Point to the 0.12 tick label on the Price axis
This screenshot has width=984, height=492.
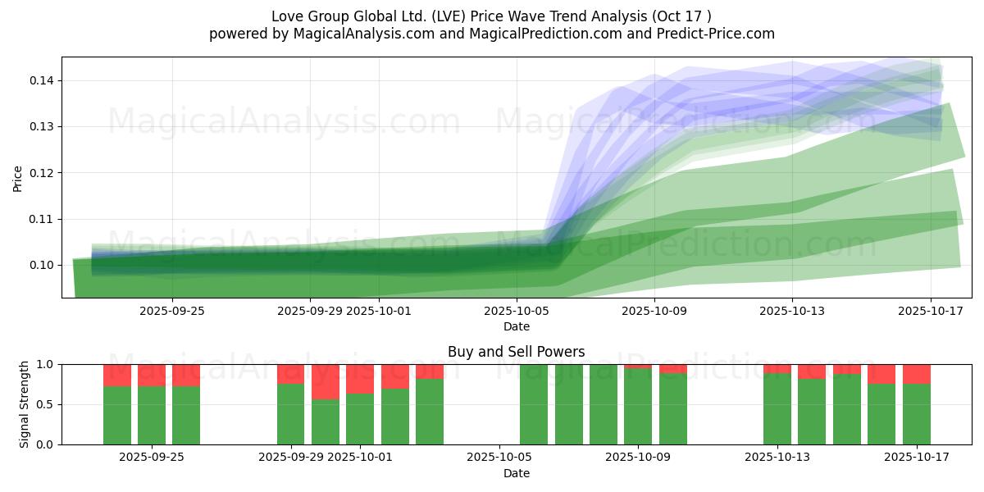pos(43,173)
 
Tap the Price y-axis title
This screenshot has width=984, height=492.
pos(18,178)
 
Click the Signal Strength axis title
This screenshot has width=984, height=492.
pos(25,404)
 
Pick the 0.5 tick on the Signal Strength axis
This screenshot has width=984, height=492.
pos(46,404)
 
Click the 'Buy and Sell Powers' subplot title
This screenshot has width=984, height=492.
pos(516,352)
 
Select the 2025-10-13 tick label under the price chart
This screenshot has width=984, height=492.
pos(792,311)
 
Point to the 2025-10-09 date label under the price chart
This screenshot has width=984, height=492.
pos(654,311)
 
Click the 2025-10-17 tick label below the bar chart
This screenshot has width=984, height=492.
pos(917,458)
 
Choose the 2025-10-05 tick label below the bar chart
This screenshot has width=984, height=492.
pos(499,458)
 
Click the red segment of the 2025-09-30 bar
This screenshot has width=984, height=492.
pos(326,381)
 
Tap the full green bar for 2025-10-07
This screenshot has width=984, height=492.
pos(568,404)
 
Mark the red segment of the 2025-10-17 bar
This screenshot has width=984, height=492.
pos(917,374)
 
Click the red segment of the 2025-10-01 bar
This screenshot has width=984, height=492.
pos(360,379)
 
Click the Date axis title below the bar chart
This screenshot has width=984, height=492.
pos(516,473)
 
